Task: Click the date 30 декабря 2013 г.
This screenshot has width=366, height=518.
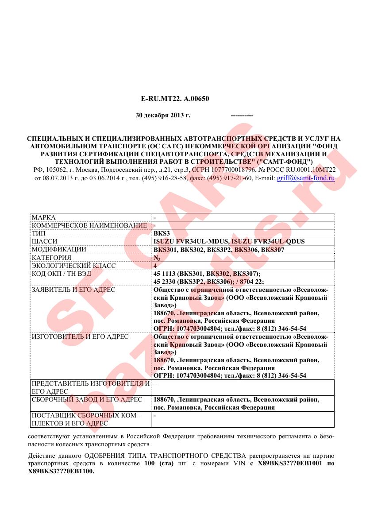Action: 162,115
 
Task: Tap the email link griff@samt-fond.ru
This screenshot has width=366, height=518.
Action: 305,178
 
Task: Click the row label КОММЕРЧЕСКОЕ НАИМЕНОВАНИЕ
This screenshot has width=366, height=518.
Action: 89,226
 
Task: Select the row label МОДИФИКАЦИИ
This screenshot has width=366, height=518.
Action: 59,249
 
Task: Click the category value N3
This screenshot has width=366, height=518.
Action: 157,258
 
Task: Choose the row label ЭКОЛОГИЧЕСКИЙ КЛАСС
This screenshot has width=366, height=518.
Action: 73,266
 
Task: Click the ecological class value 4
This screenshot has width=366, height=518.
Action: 155,266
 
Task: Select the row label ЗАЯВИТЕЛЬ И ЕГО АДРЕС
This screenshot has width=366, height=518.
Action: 73,290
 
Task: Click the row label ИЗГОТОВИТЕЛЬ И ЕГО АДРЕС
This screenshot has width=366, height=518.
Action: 80,336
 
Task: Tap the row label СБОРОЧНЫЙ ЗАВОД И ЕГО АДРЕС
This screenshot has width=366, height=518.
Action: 87,399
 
